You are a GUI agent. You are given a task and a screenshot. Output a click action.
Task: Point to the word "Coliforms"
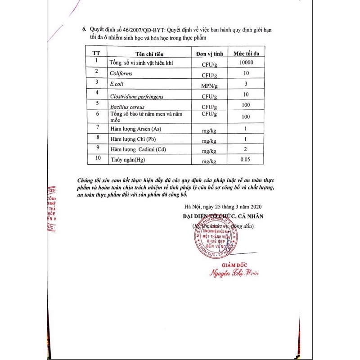121,73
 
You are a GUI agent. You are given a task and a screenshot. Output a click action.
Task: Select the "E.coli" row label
117,84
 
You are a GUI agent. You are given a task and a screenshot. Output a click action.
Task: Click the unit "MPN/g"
210,85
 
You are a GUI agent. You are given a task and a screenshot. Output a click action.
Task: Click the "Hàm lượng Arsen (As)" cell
135,129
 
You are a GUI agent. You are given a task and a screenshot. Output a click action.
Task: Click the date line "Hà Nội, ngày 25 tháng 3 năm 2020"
223,207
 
